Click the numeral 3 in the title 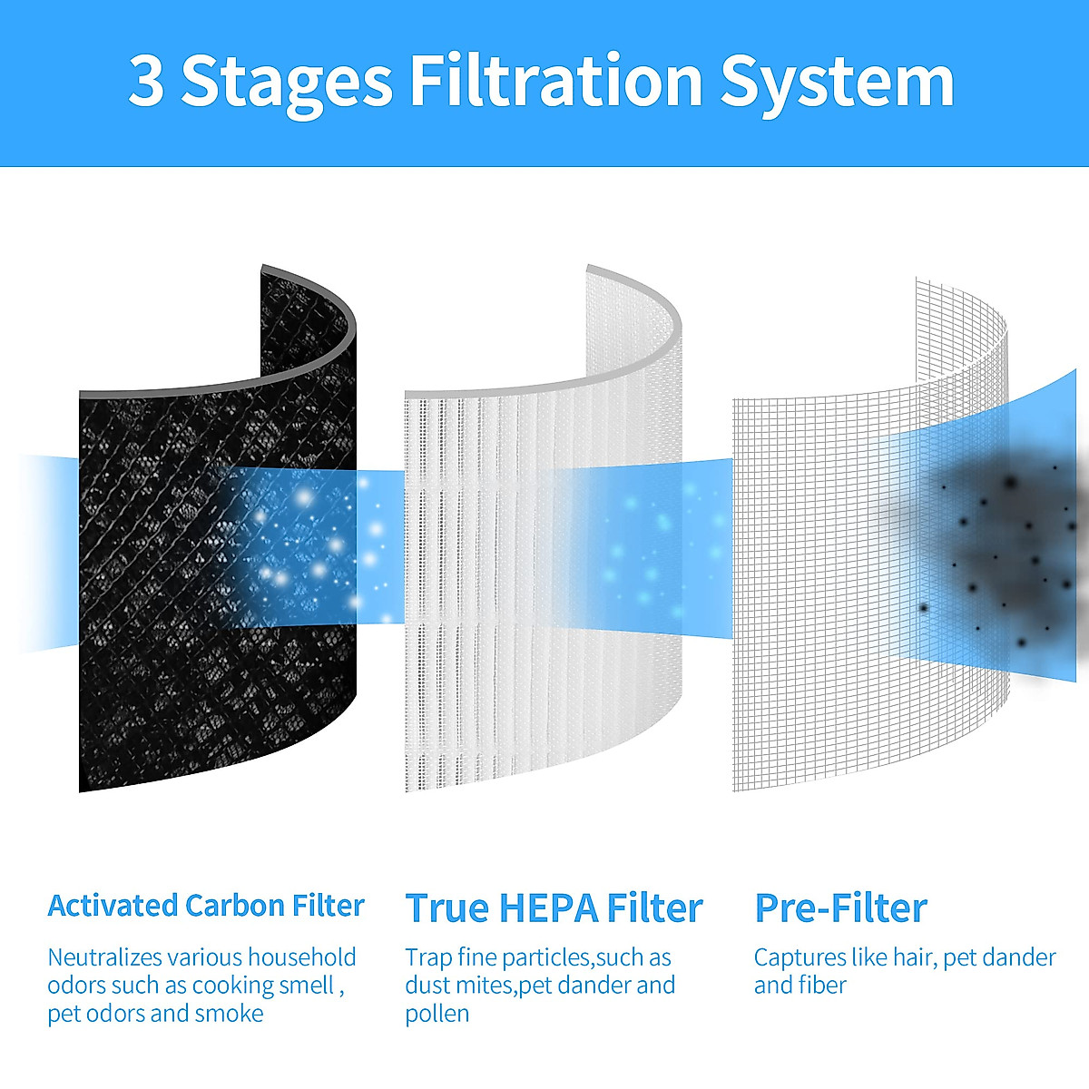(146, 81)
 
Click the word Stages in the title (287, 83)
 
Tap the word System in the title (837, 83)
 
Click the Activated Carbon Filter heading (206, 906)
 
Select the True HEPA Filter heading (554, 907)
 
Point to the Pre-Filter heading (840, 907)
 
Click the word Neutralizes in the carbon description (104, 957)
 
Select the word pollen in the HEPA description (437, 1014)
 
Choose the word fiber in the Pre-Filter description (824, 986)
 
